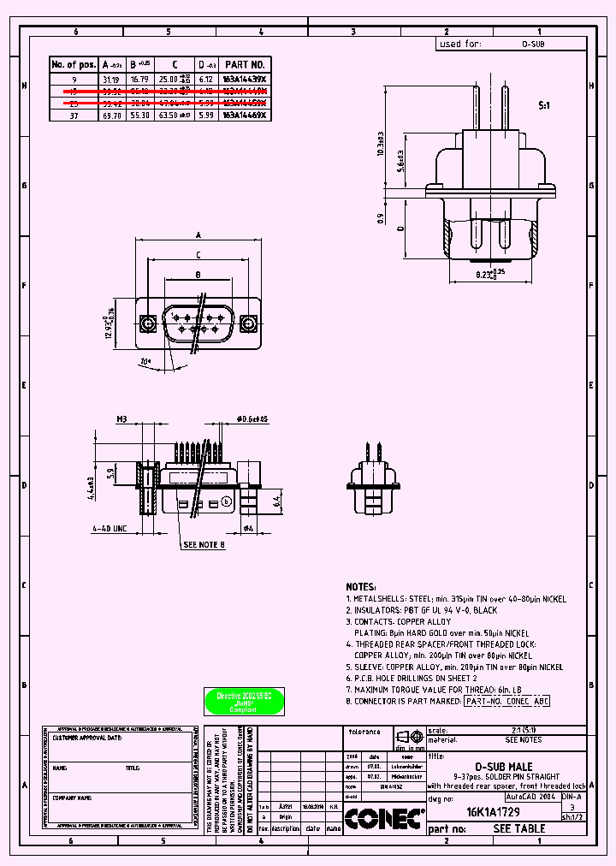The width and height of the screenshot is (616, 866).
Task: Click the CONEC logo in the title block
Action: tap(384, 820)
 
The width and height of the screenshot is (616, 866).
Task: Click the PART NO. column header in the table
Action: tap(246, 64)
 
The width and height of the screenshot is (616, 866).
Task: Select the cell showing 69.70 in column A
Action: tap(112, 114)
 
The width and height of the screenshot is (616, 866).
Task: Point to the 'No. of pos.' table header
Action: tap(74, 64)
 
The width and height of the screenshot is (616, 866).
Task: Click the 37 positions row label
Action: tap(74, 114)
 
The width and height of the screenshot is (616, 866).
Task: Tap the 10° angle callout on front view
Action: tap(145, 362)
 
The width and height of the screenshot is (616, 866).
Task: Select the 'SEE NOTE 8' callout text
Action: tap(204, 544)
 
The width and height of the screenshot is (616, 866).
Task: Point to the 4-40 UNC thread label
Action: tap(110, 529)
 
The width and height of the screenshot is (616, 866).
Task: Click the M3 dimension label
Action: tap(121, 419)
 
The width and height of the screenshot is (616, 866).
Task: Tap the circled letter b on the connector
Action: tap(226, 501)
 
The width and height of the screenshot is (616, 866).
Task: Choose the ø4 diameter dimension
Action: tap(249, 529)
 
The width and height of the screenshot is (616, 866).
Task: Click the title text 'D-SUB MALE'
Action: tap(504, 767)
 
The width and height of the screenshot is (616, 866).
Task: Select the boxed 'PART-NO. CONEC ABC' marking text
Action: tap(506, 701)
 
